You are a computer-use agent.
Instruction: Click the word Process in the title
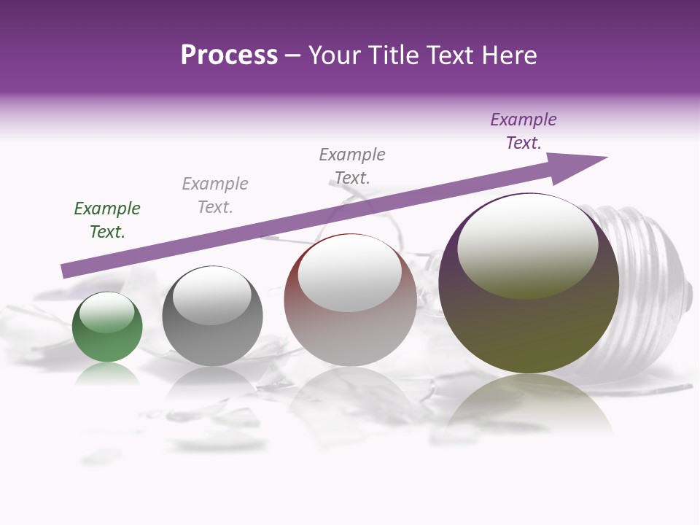(x=229, y=55)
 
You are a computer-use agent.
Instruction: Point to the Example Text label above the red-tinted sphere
(x=352, y=166)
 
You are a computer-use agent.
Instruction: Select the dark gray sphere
(x=212, y=343)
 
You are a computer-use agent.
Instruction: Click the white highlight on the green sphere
(x=107, y=312)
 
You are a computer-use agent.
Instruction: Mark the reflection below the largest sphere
(x=529, y=408)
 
